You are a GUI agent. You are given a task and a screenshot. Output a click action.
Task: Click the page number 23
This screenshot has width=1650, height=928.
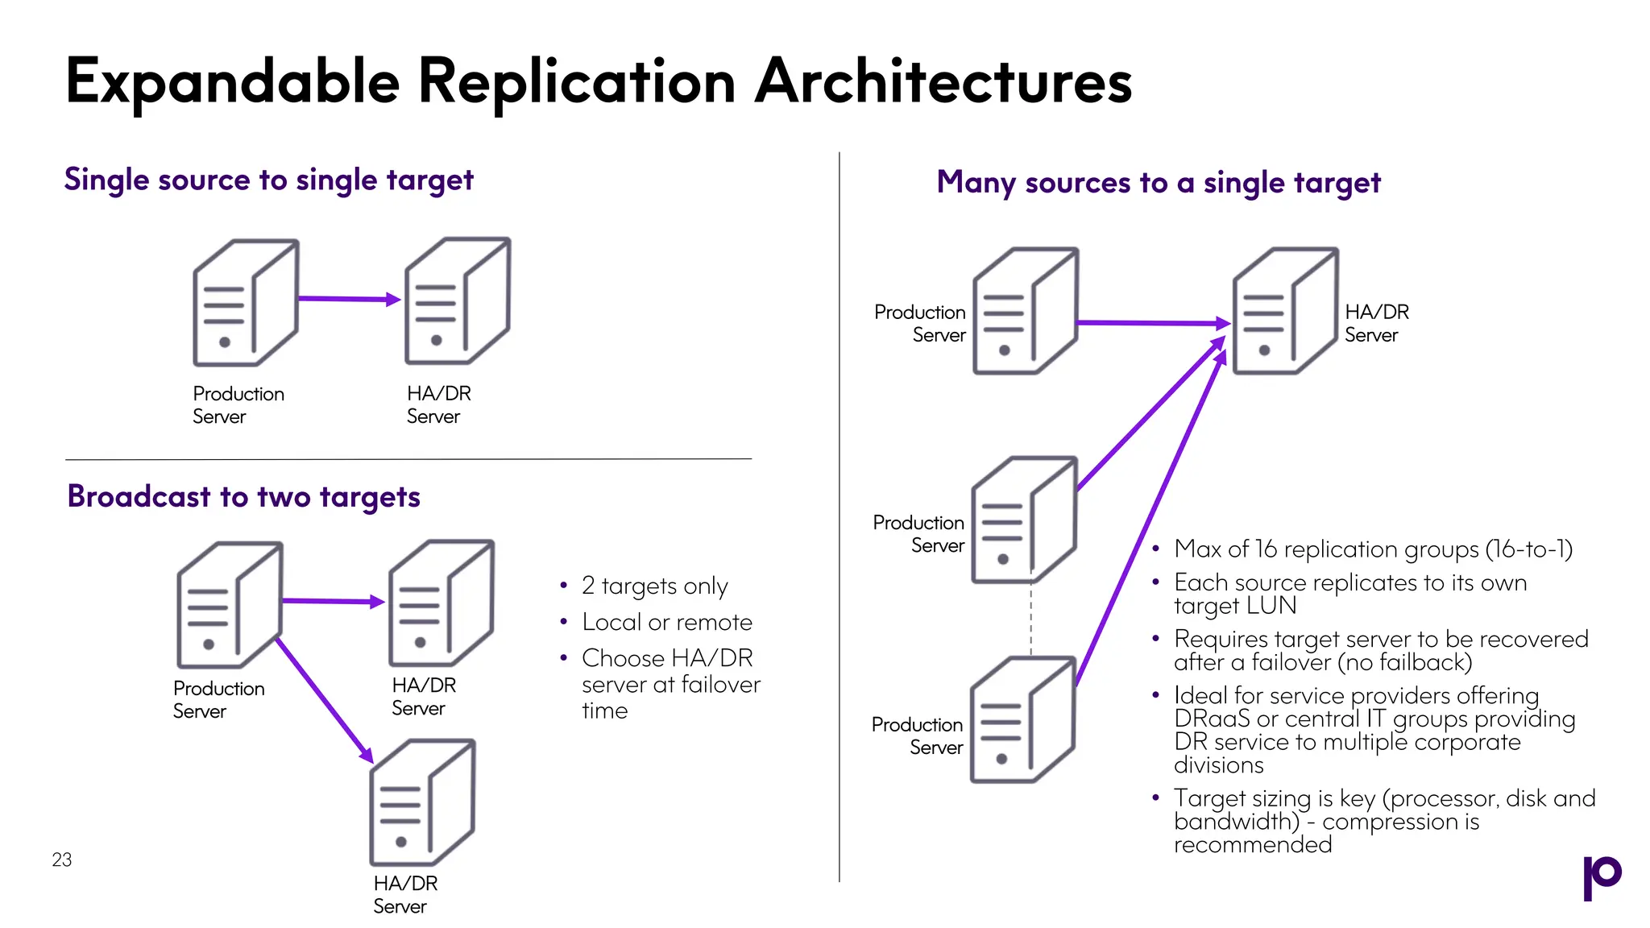[62, 860]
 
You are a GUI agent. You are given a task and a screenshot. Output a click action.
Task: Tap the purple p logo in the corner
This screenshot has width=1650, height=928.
[1601, 876]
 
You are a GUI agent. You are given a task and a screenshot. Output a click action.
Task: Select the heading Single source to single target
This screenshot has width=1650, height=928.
[268, 180]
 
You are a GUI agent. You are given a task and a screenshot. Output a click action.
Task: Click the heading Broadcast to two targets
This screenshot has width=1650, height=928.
[243, 496]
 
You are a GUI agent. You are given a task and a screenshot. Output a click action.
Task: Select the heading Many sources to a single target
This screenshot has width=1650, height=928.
[1158, 183]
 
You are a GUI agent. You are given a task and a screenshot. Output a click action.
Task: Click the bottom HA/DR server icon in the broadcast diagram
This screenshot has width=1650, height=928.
[422, 802]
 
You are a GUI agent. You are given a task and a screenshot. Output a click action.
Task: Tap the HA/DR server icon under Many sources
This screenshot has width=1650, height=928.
[1284, 311]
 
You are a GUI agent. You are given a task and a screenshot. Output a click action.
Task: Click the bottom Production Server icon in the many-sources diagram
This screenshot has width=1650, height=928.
[1022, 720]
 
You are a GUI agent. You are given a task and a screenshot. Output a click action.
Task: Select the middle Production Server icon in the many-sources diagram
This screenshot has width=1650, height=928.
[1023, 520]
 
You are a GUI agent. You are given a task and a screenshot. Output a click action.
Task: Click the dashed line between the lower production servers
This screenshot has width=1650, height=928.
[1031, 619]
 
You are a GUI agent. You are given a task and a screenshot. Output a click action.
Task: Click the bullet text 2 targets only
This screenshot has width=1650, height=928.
[654, 586]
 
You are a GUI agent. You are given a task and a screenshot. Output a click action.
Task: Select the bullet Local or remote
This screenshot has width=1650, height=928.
[666, 622]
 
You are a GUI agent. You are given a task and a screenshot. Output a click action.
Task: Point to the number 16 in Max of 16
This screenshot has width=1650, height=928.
[1266, 549]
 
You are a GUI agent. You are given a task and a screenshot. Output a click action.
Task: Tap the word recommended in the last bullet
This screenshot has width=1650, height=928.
[1252, 845]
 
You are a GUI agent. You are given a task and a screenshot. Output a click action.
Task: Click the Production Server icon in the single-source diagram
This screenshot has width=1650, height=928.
[245, 302]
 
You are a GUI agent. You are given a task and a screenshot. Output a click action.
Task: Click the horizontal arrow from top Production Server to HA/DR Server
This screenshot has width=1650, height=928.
[1152, 323]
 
